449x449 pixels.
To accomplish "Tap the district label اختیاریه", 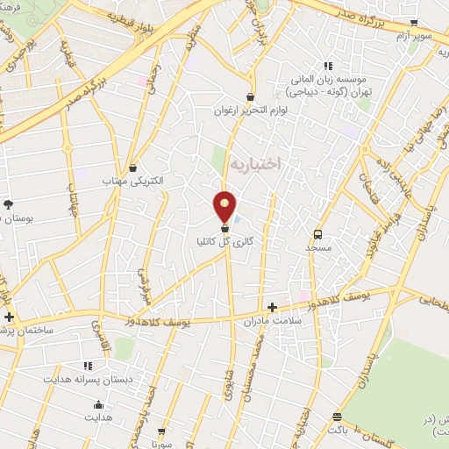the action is tap(255, 164).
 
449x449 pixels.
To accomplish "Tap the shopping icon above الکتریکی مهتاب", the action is tap(132, 166).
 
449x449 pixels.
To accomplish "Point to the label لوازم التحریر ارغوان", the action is tap(251, 111).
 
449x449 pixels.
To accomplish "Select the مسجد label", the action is tap(317, 247).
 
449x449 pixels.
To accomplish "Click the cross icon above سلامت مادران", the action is tap(272, 307).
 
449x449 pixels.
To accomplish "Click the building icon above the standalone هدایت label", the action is tap(98, 404).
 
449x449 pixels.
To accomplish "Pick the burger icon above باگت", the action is tap(337, 417).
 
